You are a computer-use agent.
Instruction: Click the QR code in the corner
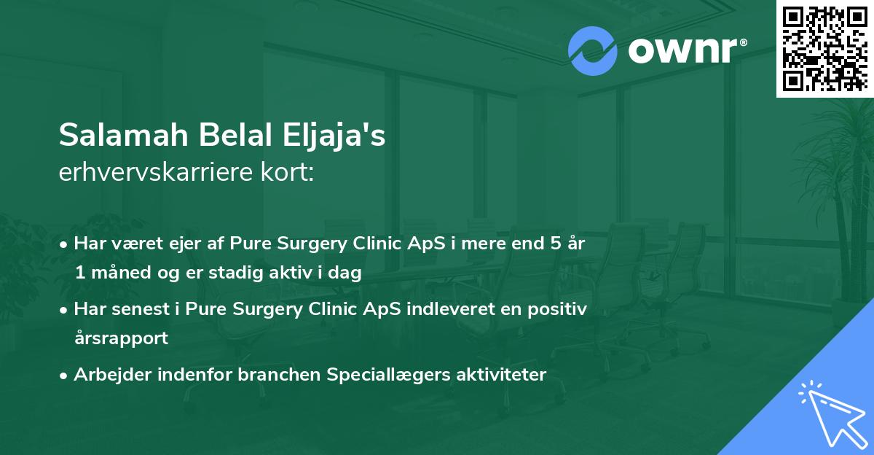[x=825, y=48]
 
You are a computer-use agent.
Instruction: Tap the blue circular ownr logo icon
[x=593, y=51]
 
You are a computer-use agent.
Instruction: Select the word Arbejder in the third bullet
[x=105, y=374]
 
